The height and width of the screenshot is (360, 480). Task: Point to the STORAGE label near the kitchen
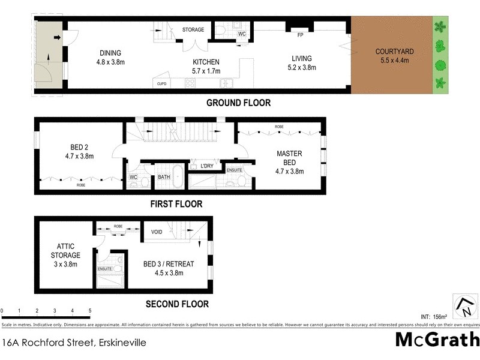pyautogui.click(x=193, y=29)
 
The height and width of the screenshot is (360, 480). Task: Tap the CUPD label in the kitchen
pyautogui.click(x=161, y=83)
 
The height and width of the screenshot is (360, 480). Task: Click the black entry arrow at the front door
pyautogui.click(x=57, y=38)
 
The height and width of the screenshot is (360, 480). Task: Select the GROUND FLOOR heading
pyautogui.click(x=238, y=103)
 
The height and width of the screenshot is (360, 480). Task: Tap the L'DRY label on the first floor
pyautogui.click(x=208, y=166)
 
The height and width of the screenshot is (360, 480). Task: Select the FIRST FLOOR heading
pyautogui.click(x=176, y=204)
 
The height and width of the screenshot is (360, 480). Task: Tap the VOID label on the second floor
pyautogui.click(x=157, y=232)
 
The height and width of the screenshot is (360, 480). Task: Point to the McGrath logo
pyautogui.click(x=437, y=339)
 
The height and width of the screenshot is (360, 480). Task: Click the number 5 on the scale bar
pyautogui.click(x=90, y=311)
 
